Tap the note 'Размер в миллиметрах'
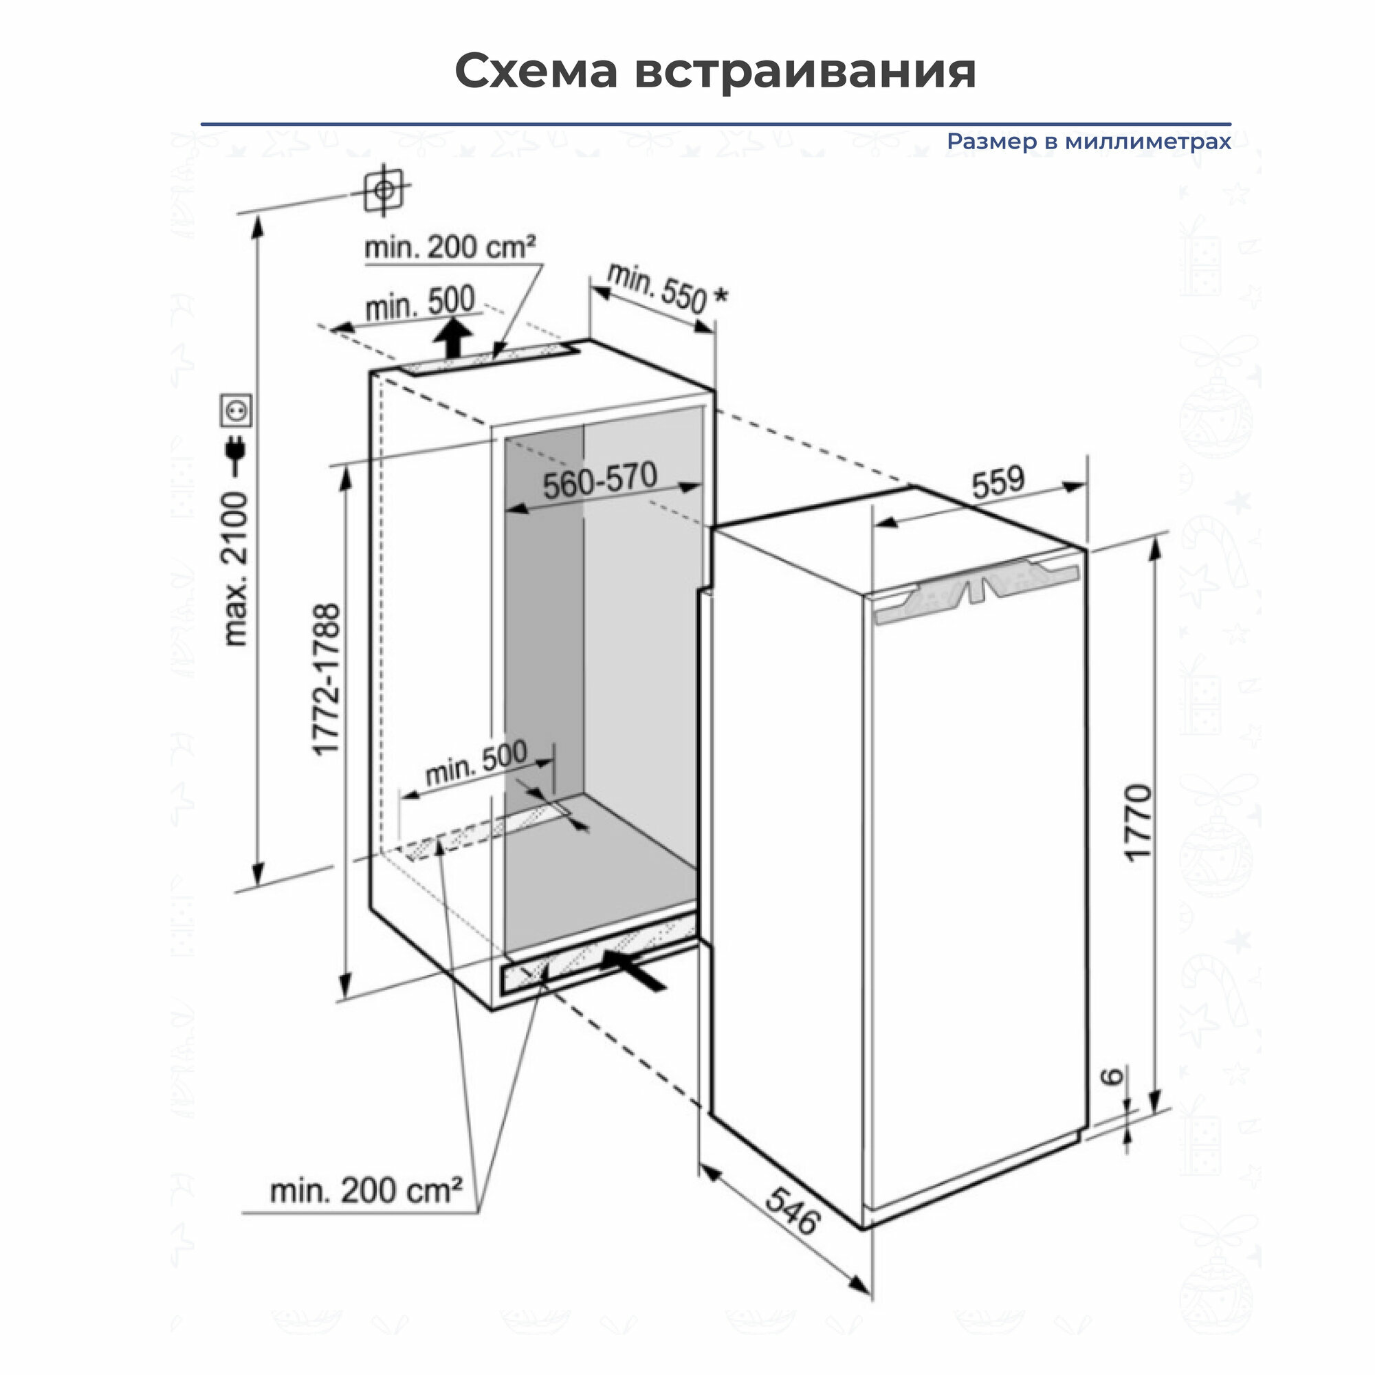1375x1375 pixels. coord(1088,142)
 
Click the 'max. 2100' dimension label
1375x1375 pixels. coord(236,569)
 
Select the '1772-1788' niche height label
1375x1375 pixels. coord(327,680)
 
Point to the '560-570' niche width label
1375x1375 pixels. coord(600,481)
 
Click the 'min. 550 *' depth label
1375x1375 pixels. coord(667,288)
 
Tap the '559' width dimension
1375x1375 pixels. coord(998,482)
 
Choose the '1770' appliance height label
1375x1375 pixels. coord(1137,824)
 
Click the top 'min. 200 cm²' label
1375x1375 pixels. coord(450,247)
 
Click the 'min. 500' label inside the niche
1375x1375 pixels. coord(476,762)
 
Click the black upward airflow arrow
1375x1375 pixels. coord(453,339)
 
